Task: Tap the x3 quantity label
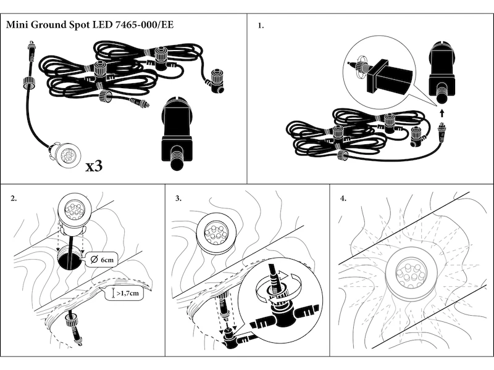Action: pos(99,166)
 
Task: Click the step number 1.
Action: pos(261,26)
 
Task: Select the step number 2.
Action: pos(14,199)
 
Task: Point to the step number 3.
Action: pos(178,199)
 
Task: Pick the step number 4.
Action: pos(343,199)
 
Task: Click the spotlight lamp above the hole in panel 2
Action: pos(73,211)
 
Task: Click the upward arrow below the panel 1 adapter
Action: pos(443,112)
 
